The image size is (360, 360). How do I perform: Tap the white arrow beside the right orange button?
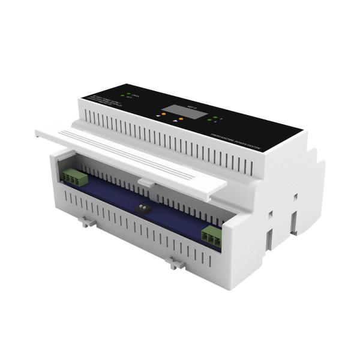tap(175, 121)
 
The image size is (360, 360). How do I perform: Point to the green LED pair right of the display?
tap(210, 118)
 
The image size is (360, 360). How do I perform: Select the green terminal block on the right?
tap(211, 235)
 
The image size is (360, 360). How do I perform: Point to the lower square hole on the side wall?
tap(271, 213)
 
